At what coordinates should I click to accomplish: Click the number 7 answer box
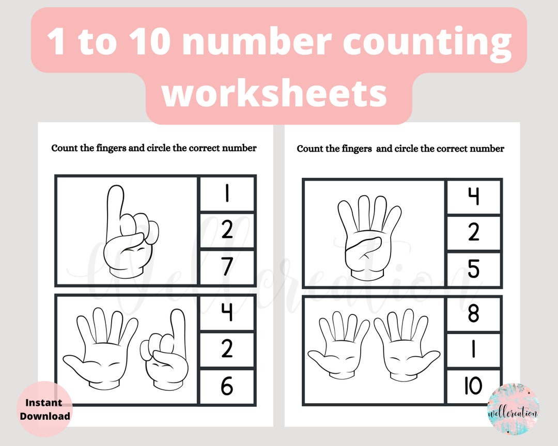(x=227, y=267)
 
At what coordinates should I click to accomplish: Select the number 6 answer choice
(x=227, y=387)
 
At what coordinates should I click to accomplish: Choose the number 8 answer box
(x=474, y=314)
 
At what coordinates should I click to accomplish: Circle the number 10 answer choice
(x=474, y=386)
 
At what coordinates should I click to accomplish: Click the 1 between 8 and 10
(x=474, y=350)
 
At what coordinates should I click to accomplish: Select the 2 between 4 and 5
(x=474, y=233)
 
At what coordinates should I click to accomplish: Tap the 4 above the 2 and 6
(x=227, y=313)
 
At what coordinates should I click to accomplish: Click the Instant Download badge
(x=45, y=409)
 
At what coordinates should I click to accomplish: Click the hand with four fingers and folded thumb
(x=368, y=235)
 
